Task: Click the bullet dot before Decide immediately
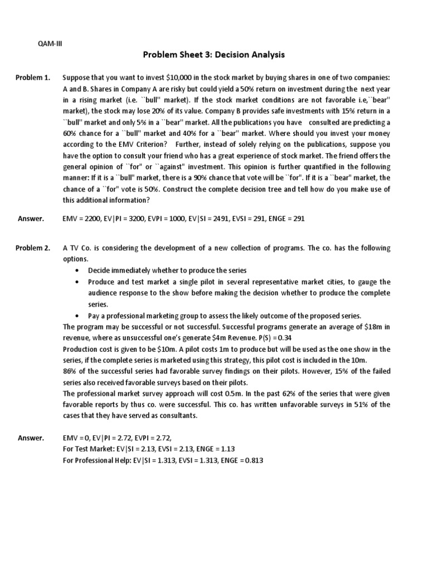click(x=76, y=271)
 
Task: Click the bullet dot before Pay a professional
click(x=76, y=315)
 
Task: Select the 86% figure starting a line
click(x=70, y=371)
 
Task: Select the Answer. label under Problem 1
click(x=31, y=219)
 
